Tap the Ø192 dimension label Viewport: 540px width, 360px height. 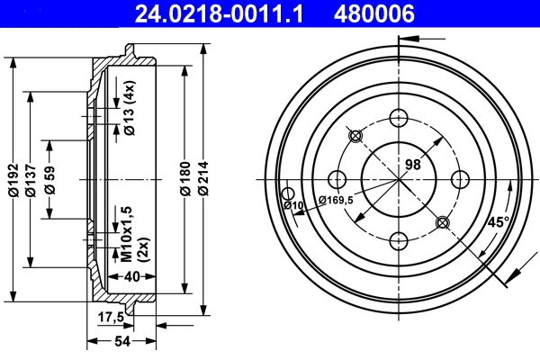click(x=13, y=180)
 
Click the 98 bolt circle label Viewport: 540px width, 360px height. click(x=413, y=164)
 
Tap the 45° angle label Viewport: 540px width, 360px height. click(x=497, y=221)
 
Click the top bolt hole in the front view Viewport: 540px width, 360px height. click(x=397, y=117)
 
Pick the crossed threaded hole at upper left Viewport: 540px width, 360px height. click(x=355, y=136)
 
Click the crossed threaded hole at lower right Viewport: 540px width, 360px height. click(x=440, y=221)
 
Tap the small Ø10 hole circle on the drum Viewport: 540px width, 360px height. click(x=288, y=193)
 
